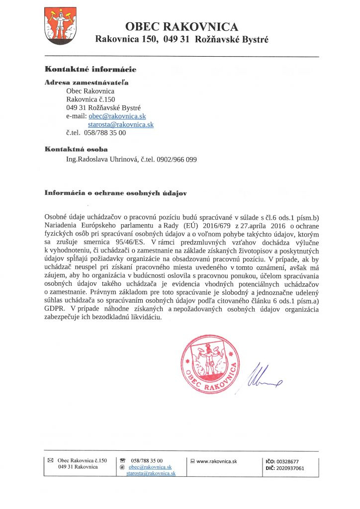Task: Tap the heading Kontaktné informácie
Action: tap(90, 69)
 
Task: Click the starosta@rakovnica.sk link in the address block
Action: tap(121, 124)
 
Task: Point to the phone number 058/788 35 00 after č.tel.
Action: tap(105, 133)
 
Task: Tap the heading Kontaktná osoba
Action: tap(76, 149)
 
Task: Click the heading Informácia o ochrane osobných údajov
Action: tap(115, 192)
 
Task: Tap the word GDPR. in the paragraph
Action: tap(55, 309)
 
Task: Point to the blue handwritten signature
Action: tap(264, 378)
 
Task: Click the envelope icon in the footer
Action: tap(50, 461)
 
